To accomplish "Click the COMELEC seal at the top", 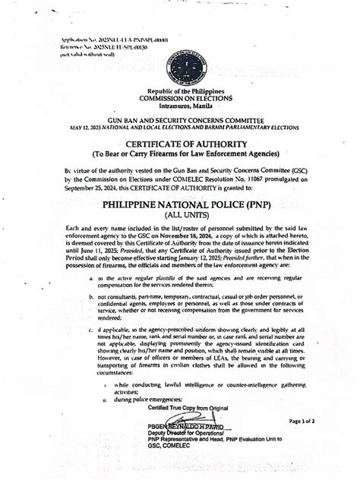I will click(x=178, y=52).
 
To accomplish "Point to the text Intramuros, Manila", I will click(x=178, y=107).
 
